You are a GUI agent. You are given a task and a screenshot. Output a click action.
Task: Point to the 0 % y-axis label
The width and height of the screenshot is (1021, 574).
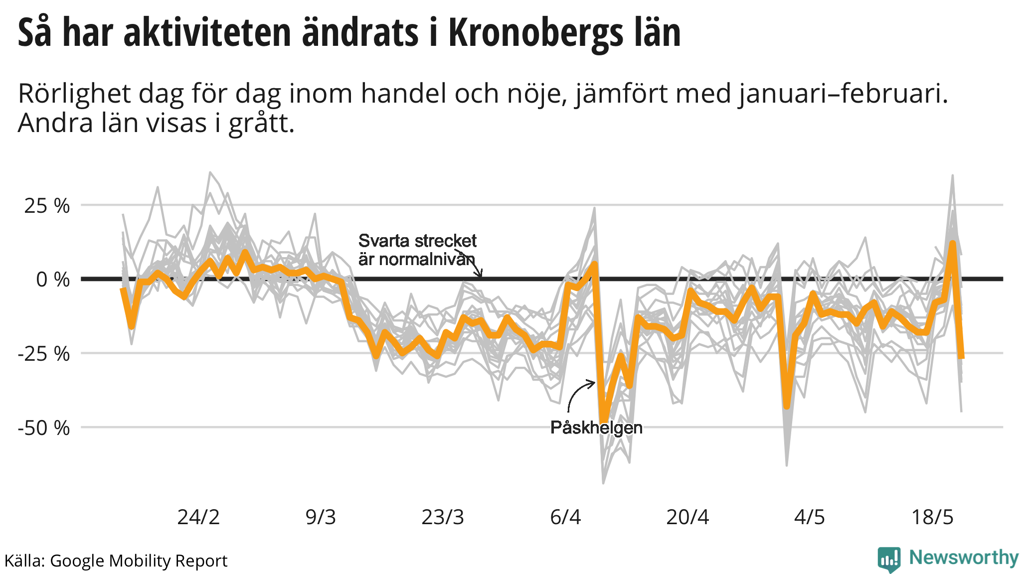pos(53,280)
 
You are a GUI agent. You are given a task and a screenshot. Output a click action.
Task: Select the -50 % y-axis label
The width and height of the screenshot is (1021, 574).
pos(44,428)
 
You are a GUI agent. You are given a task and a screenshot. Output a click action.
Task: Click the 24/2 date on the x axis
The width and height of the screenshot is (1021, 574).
pos(198,517)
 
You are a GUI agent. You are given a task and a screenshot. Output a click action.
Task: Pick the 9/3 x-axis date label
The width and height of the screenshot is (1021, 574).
pos(321,517)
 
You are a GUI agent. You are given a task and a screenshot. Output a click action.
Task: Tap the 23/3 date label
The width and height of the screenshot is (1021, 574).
pos(443,517)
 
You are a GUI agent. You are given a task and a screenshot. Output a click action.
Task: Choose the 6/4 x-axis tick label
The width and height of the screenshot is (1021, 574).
pos(565,517)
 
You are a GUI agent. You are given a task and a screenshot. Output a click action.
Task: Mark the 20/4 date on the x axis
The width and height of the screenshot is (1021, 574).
pos(687,517)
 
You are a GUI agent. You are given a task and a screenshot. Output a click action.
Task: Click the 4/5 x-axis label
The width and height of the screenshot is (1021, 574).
pos(810,517)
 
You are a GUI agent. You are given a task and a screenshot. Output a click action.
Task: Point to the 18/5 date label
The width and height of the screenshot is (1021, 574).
pos(932,517)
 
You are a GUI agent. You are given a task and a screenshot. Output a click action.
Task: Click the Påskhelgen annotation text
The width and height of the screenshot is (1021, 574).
pos(596,428)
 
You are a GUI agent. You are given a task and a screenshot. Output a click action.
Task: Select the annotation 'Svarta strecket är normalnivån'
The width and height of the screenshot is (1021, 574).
pos(417,250)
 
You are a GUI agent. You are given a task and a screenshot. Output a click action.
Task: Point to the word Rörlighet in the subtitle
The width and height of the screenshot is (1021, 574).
pos(74,94)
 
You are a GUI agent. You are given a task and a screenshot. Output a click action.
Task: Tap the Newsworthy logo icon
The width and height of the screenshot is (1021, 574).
pos(889,560)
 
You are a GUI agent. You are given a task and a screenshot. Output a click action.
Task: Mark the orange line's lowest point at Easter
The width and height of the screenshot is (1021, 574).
pos(604,422)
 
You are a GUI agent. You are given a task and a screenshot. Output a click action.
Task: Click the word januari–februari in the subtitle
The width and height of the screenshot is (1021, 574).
pos(843,94)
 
